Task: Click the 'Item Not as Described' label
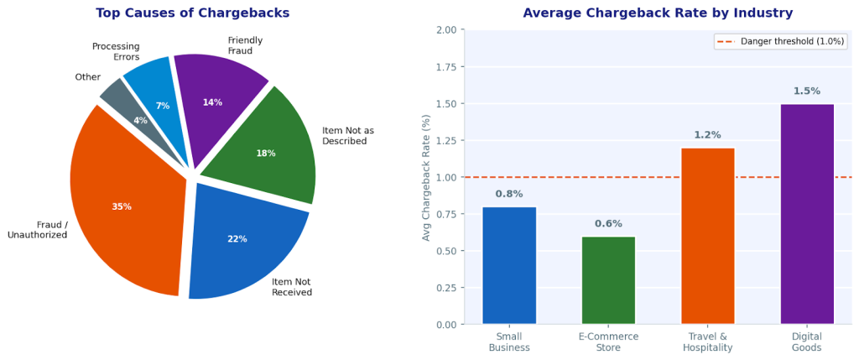[x=347, y=136]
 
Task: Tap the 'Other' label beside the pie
[x=87, y=77]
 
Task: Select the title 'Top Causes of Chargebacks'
[x=192, y=13]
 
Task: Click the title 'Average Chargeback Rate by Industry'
[x=658, y=13]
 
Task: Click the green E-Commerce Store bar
[x=608, y=280]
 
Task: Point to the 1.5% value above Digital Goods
[x=807, y=91]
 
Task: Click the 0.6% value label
[x=608, y=224]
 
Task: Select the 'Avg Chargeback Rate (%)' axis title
[x=427, y=177]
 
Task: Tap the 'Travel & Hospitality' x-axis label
[x=707, y=342]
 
